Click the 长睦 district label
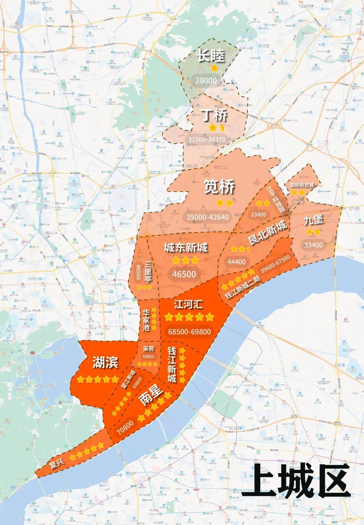pyautogui.click(x=211, y=56)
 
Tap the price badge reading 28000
pyautogui.click(x=206, y=80)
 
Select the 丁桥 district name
pyautogui.click(x=214, y=115)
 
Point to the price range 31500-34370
pyautogui.click(x=207, y=139)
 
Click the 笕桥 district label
pyautogui.click(x=219, y=187)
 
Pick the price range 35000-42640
pyautogui.click(x=208, y=217)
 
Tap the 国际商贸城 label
pyautogui.click(x=302, y=185)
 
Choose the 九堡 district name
pyautogui.click(x=313, y=220)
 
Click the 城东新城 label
pyautogui.click(x=186, y=248)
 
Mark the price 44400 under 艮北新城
pyautogui.click(x=237, y=262)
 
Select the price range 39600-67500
pyautogui.click(x=275, y=264)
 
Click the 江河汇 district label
pyautogui.click(x=188, y=305)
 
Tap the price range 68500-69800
pyautogui.click(x=189, y=332)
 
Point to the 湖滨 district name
pyautogui.click(x=105, y=362)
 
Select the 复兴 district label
pyautogui.click(x=57, y=463)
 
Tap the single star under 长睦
pyautogui.click(x=214, y=68)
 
